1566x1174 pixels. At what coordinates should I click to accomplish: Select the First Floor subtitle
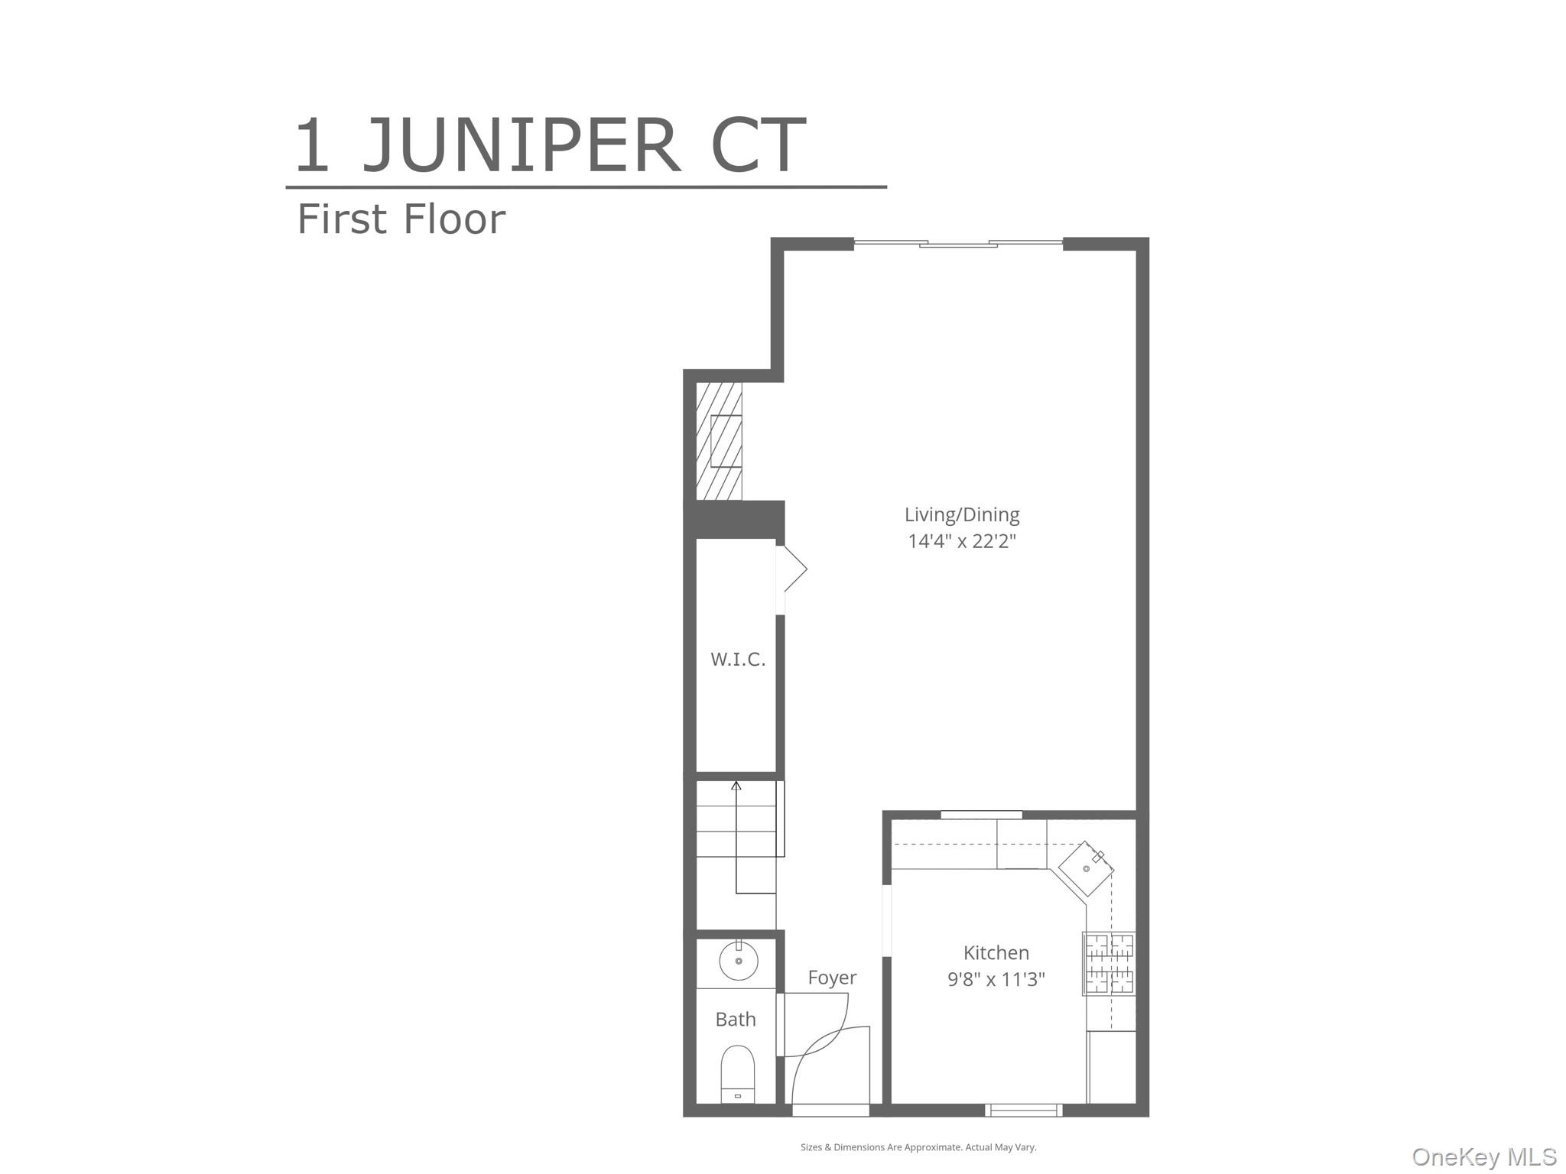[401, 219]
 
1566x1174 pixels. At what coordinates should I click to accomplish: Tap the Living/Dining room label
[961, 514]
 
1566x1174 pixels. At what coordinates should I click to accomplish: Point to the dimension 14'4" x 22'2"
[961, 541]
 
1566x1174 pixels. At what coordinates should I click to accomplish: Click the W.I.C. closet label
[737, 660]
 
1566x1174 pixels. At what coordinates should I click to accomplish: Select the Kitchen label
[996, 952]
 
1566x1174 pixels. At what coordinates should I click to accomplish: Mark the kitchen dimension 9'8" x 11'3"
[996, 979]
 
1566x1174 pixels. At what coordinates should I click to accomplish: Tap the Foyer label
[832, 978]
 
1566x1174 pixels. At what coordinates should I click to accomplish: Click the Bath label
[735, 1019]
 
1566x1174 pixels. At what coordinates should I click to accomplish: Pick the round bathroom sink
[738, 961]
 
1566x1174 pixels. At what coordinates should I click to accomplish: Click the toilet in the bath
[737, 1074]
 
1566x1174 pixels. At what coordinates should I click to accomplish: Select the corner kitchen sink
[1086, 869]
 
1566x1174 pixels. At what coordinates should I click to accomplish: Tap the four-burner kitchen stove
[1109, 963]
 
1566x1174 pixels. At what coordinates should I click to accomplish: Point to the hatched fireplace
[719, 441]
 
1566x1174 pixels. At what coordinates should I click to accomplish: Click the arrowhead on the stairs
[736, 784]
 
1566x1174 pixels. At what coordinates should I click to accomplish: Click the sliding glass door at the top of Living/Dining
[957, 244]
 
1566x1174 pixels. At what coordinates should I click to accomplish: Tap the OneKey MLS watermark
[1483, 1156]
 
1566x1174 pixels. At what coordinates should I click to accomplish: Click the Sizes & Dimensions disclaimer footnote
[918, 1146]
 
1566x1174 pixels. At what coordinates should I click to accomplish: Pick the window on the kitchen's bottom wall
[1022, 1110]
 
